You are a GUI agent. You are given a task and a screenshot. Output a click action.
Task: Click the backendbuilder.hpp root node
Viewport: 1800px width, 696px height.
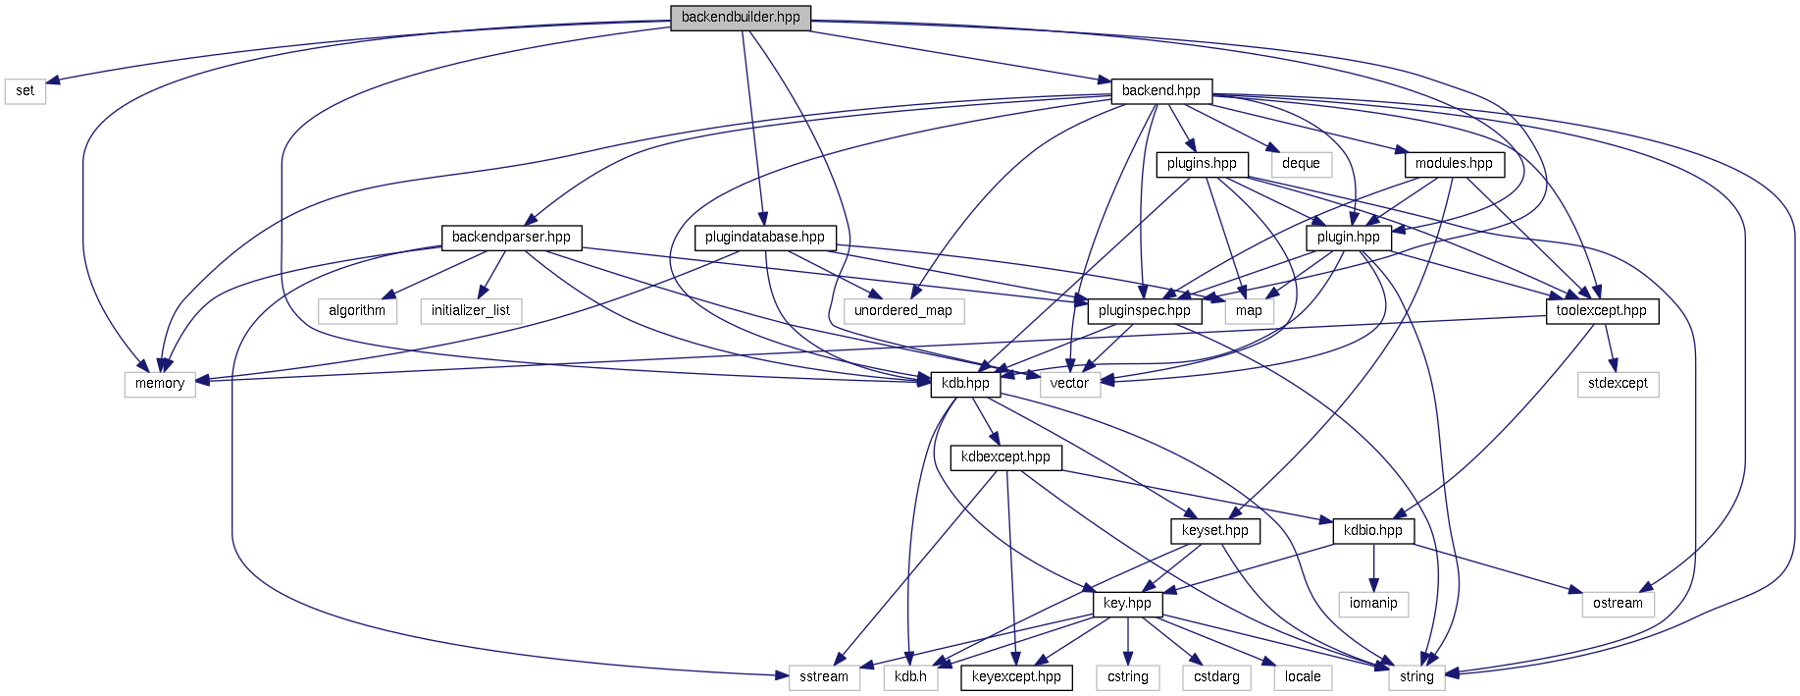pos(741,18)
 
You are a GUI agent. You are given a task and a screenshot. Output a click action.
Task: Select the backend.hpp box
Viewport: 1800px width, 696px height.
pos(1160,90)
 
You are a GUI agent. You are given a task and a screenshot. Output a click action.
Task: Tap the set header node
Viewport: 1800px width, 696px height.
pos(25,90)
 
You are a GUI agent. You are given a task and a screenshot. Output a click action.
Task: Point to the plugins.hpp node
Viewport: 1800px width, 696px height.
pos(1202,163)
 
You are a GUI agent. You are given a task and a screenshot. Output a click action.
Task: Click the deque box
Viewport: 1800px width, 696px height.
pos(1301,163)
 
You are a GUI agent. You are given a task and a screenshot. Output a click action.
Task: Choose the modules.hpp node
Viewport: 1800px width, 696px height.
pos(1454,163)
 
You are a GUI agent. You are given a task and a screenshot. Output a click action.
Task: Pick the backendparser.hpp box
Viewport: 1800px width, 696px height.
pos(511,237)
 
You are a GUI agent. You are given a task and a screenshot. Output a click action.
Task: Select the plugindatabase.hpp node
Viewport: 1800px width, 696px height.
pos(765,237)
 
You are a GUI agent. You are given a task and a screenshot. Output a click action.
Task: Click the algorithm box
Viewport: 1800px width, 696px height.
pos(357,310)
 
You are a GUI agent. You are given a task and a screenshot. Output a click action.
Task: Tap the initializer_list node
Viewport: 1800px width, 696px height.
pos(471,310)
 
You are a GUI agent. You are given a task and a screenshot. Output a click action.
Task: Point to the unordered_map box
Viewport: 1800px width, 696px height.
pos(903,310)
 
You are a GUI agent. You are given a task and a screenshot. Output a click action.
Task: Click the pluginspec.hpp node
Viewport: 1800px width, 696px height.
pos(1145,310)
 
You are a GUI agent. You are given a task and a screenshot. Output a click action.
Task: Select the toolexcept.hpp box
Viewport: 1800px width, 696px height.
pos(1602,310)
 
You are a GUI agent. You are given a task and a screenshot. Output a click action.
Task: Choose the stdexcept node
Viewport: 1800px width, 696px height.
pos(1618,383)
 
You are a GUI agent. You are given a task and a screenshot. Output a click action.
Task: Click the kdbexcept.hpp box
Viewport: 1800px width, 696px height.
pos(1005,456)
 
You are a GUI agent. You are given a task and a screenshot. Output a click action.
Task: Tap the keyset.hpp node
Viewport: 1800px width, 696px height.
pos(1215,530)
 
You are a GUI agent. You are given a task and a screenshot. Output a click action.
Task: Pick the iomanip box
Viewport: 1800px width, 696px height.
pos(1373,603)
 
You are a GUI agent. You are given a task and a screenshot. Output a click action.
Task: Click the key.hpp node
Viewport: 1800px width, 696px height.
pos(1127,603)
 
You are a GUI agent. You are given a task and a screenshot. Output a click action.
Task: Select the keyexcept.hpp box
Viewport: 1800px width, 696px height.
pos(1016,676)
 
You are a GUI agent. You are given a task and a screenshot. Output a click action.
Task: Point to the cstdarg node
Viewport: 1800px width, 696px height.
pos(1216,676)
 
